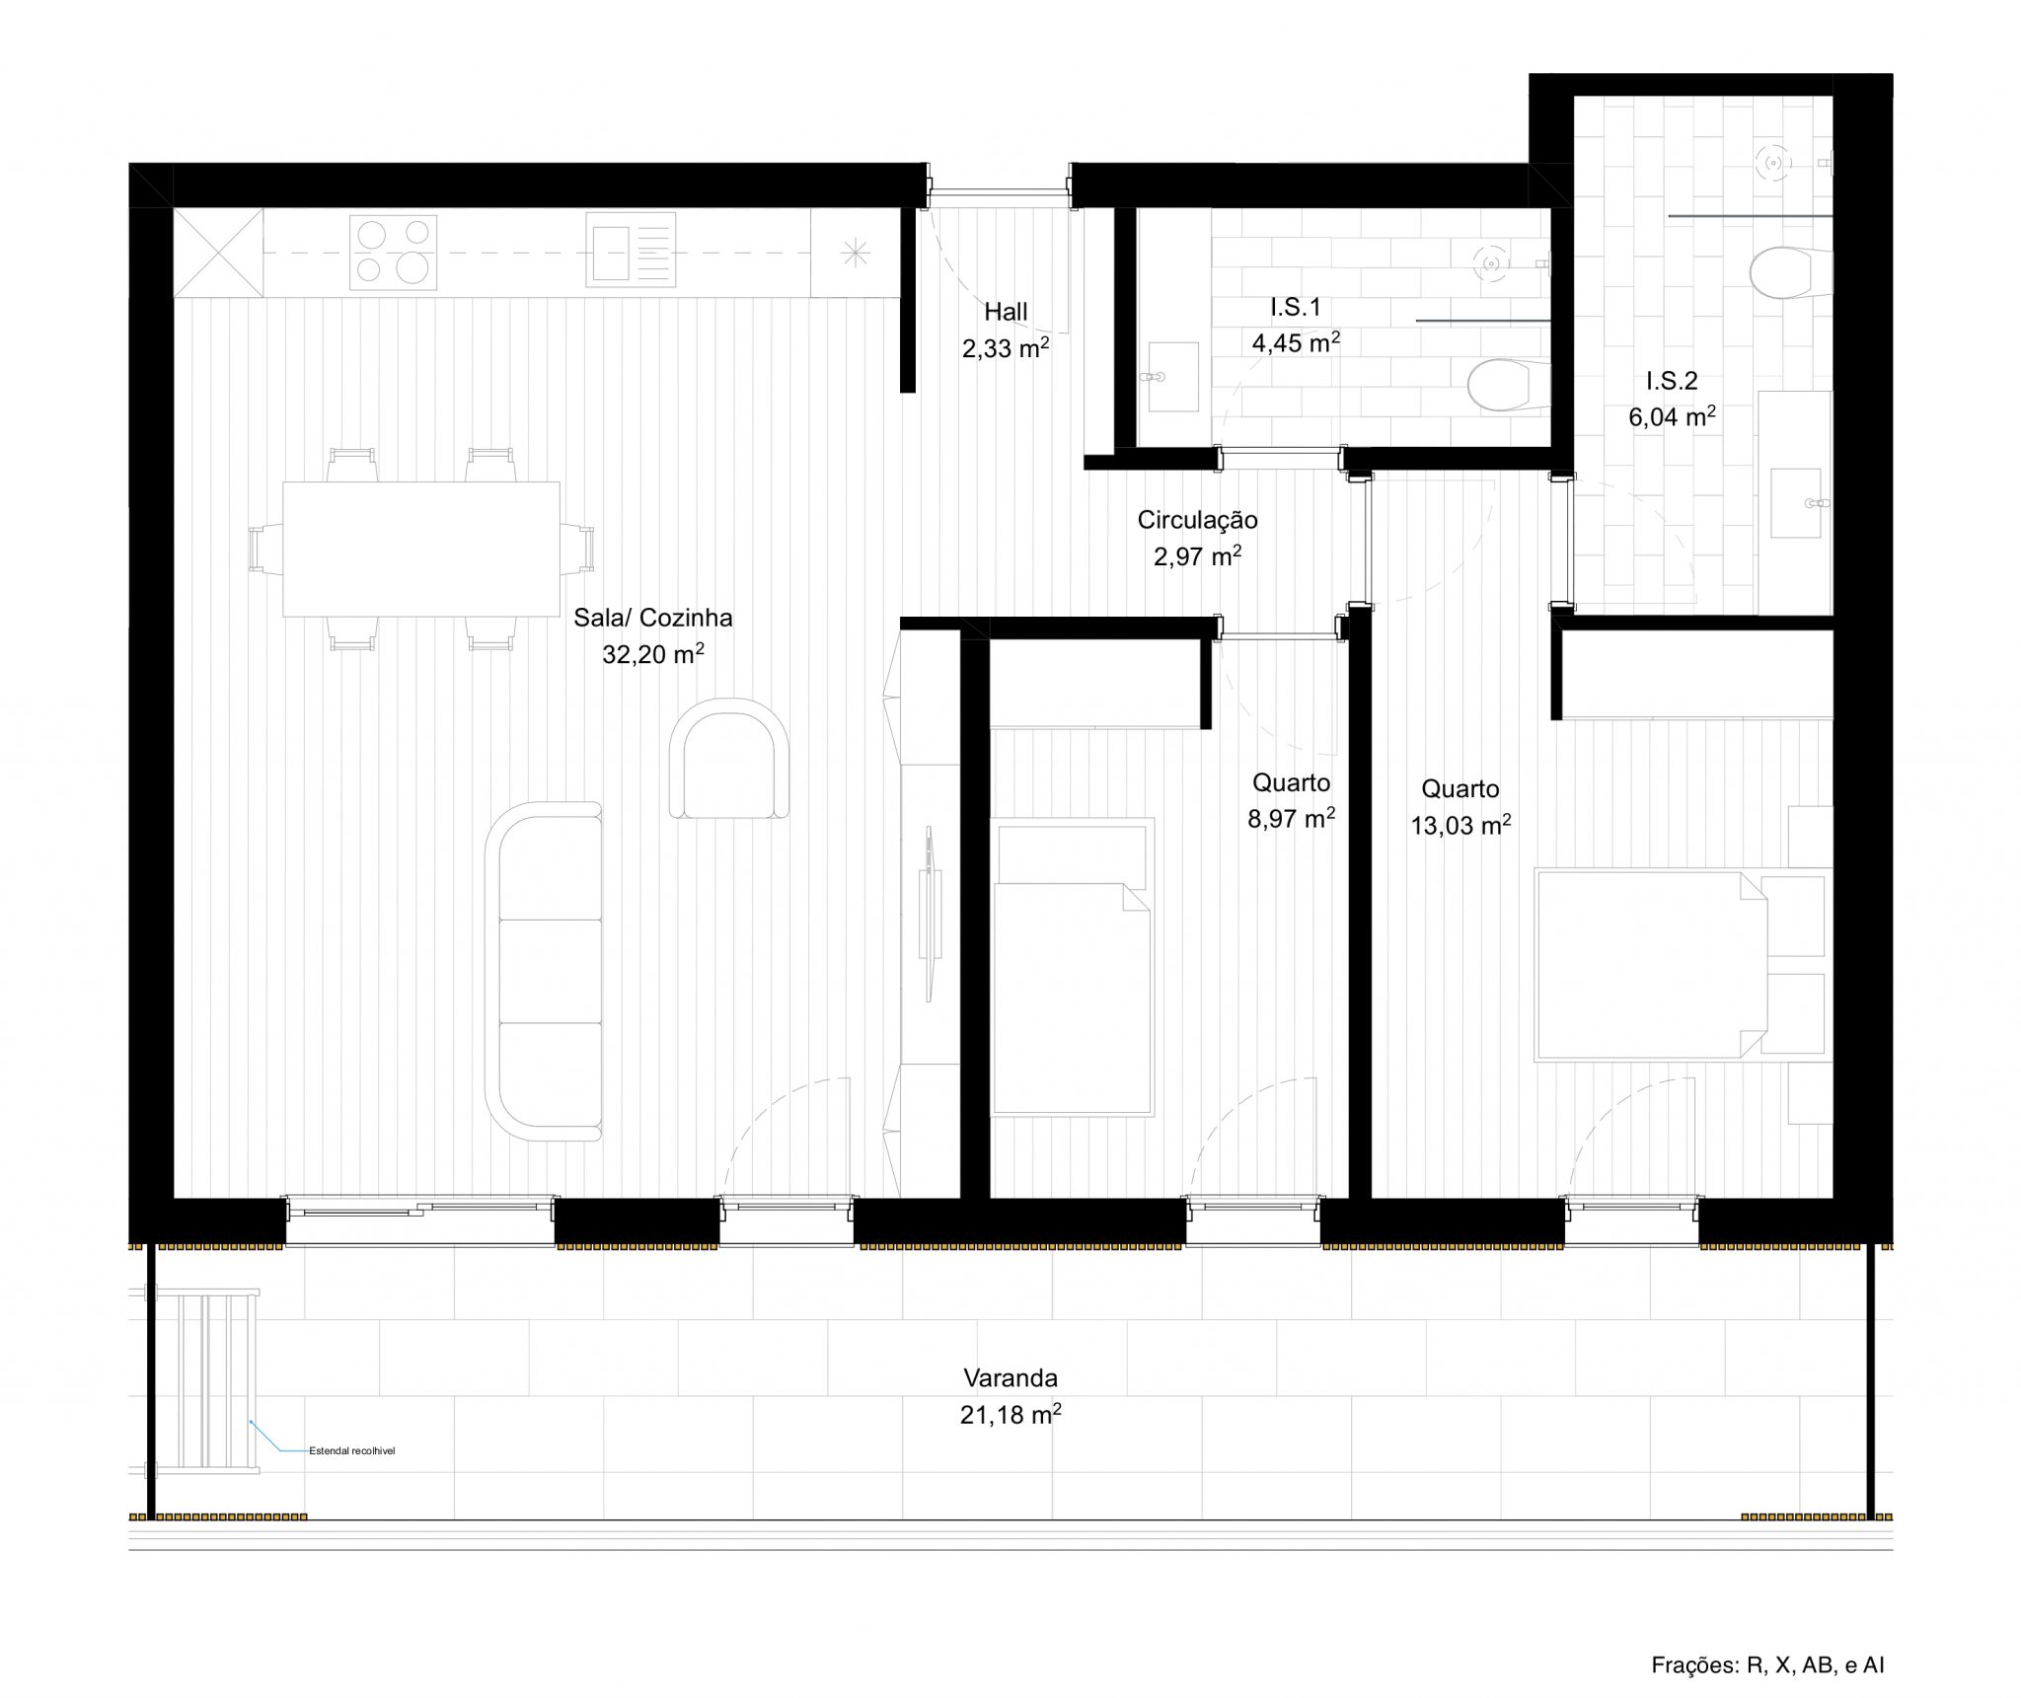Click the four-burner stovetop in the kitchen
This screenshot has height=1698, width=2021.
pos(393,254)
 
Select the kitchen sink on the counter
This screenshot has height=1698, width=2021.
pos(630,251)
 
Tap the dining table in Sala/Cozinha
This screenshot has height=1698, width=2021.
pos(420,549)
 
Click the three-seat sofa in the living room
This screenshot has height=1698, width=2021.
pos(544,972)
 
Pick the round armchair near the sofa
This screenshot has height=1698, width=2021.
pos(728,758)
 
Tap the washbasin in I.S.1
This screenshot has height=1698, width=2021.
pos(1172,377)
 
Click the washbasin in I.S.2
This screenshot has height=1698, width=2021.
pos(1796,503)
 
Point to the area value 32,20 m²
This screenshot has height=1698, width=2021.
pos(652,654)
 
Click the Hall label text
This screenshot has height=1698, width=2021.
pos(1006,312)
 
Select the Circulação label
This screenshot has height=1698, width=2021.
pos(1197,520)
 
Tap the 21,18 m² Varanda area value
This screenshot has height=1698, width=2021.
pos(1010,1415)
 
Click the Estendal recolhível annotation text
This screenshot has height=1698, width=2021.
pos(351,1451)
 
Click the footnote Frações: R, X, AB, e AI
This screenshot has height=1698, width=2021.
pos(1767,1665)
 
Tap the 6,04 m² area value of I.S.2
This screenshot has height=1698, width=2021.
pos(1671,417)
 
